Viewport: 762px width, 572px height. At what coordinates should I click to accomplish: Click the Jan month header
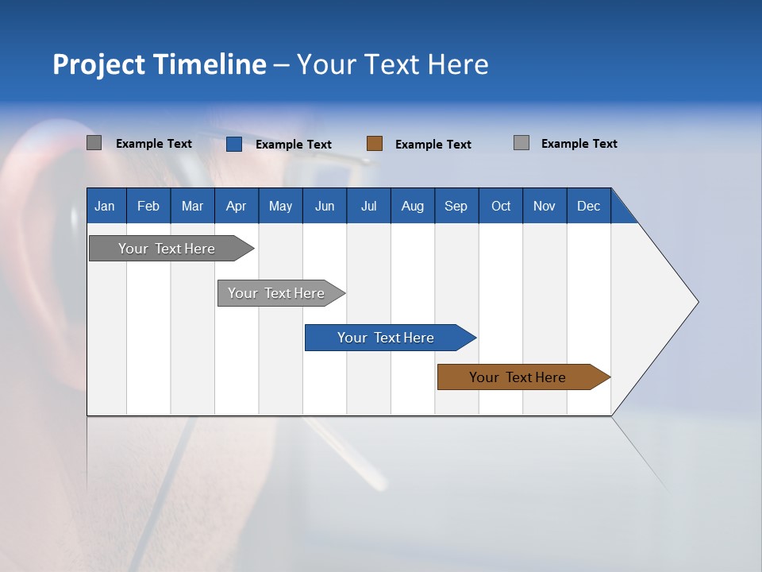coord(105,206)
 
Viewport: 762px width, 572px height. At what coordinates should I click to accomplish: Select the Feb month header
coord(148,206)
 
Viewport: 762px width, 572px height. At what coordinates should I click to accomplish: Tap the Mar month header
coord(192,206)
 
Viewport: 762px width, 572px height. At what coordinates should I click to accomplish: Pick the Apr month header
coord(236,206)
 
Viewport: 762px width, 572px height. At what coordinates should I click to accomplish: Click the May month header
coord(280,206)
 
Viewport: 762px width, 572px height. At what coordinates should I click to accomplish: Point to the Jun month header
coord(325,206)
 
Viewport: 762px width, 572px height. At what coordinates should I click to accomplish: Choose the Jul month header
coord(368,206)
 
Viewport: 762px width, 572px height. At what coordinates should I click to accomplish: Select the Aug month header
coord(413,206)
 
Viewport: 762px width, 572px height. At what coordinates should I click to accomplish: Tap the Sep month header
coord(456,206)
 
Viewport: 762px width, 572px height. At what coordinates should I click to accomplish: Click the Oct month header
coord(501,206)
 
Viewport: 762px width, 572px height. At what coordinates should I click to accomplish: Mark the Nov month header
coord(545,206)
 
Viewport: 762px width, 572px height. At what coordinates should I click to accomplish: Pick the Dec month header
coord(589,206)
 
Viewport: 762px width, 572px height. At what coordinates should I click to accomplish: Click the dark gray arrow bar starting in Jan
coord(167,249)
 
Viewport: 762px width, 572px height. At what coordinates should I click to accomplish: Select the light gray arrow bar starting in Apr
coord(276,293)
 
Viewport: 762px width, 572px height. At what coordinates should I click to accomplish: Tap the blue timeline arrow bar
coord(386,338)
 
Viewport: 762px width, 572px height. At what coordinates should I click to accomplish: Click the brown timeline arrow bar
coord(518,377)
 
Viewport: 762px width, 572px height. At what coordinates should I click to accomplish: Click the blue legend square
coord(234,144)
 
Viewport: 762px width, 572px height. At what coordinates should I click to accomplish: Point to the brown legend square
coord(375,144)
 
